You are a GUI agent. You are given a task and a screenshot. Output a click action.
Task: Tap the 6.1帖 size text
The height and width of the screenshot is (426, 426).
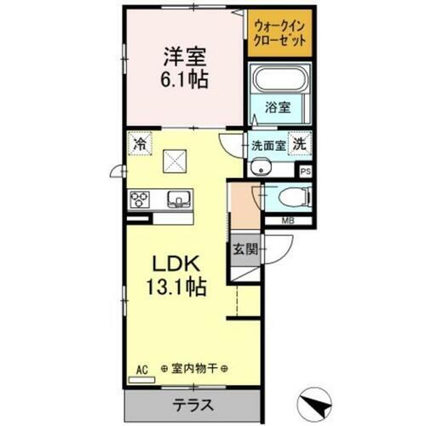click(181, 81)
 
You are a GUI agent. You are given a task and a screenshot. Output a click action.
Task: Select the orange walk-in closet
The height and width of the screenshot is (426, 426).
click(280, 34)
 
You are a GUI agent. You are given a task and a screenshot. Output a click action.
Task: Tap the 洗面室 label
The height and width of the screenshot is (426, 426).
click(266, 146)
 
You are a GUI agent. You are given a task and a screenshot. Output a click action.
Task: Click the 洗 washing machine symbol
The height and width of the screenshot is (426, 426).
click(300, 144)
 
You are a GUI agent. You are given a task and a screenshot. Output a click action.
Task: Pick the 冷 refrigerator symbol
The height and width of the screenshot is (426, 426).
click(139, 145)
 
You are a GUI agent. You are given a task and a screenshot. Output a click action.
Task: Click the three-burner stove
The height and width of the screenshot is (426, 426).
click(139, 199)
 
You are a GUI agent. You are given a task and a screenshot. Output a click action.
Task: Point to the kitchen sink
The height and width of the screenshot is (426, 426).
click(178, 199)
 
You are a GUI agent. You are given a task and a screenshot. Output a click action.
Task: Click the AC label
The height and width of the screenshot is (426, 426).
click(141, 369)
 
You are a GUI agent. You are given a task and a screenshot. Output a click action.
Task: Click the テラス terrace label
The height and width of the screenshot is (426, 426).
click(194, 403)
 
